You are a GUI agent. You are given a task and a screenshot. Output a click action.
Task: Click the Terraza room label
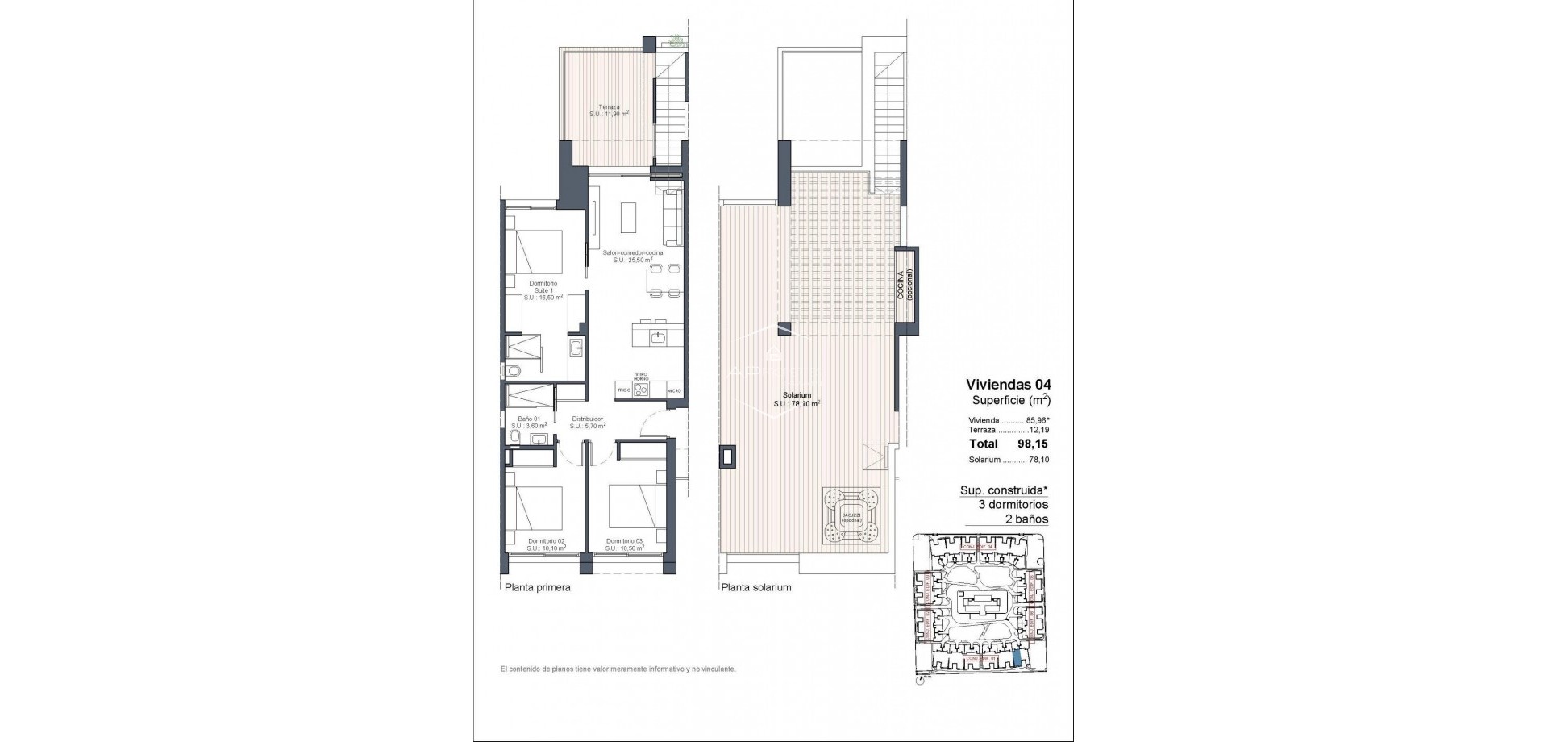tap(609, 110)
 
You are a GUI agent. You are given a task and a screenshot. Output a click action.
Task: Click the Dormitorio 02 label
tap(546, 544)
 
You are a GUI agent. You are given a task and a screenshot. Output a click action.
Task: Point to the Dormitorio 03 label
tap(625, 544)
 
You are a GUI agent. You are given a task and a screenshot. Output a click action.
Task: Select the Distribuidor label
tap(588, 423)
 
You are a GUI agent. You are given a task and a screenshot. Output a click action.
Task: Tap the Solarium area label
tap(797, 399)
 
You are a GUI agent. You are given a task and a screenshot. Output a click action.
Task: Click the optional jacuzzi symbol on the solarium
tap(850, 517)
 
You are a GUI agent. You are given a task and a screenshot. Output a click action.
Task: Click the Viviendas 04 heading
tap(1009, 385)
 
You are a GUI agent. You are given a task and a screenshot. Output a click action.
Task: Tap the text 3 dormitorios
tap(1013, 504)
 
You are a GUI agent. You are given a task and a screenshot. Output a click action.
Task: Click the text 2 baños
tap(1027, 519)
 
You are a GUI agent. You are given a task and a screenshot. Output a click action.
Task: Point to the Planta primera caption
tap(537, 588)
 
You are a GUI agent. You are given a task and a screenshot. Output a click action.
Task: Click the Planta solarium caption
tap(756, 588)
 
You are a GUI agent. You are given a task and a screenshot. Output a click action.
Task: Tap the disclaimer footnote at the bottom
tap(618, 669)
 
